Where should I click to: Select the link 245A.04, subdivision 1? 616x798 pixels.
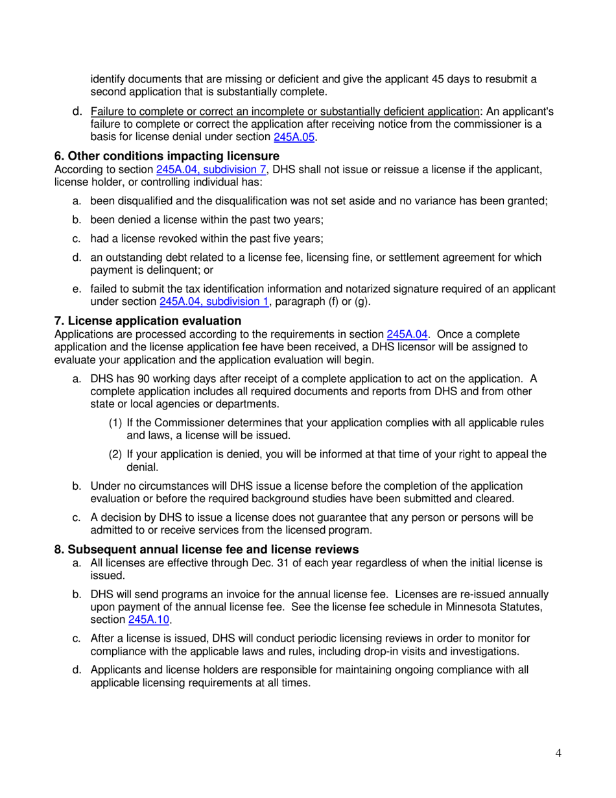(x=214, y=302)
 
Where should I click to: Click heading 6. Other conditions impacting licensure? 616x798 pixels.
(x=167, y=156)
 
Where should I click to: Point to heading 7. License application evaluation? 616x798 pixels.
(x=148, y=320)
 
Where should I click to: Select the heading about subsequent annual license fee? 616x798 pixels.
(x=206, y=550)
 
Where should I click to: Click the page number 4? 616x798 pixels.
(x=558, y=753)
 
